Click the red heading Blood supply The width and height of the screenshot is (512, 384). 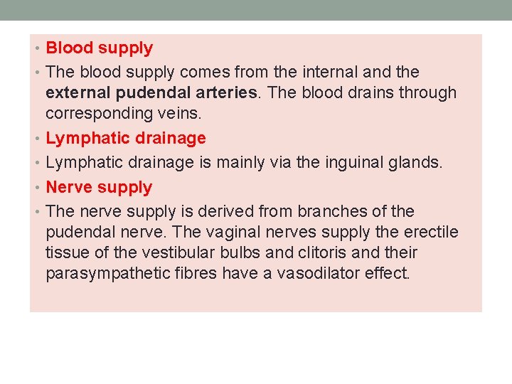[x=99, y=48]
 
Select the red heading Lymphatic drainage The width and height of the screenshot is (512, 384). [x=126, y=138]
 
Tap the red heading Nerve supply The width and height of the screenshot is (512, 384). [x=99, y=187]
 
